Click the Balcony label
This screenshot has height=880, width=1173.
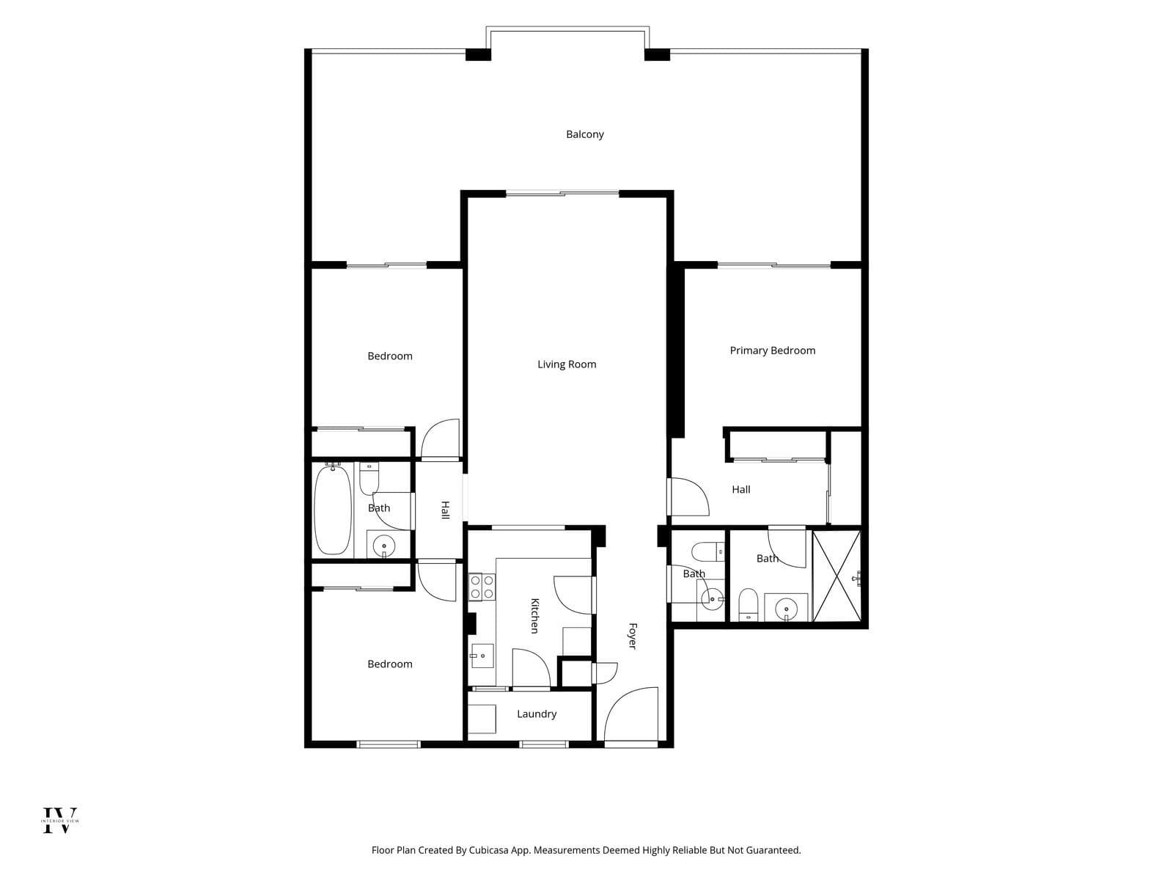tap(584, 134)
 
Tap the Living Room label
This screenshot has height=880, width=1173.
tap(567, 364)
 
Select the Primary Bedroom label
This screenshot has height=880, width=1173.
tap(772, 351)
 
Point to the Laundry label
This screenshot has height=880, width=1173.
tap(537, 714)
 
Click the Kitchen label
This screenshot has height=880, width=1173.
tap(534, 615)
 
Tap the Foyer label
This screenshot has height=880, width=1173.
tap(632, 637)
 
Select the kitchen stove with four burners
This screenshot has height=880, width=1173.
tap(482, 587)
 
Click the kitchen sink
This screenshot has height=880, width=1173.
tap(482, 656)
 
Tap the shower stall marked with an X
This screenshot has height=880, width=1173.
tap(836, 576)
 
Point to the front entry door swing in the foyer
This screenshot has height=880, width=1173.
tap(630, 714)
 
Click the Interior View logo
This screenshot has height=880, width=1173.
tap(60, 820)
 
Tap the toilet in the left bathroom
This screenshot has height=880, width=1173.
tap(369, 479)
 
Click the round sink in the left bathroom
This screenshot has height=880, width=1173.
tap(383, 546)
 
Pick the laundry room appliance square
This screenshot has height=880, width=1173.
tap(482, 719)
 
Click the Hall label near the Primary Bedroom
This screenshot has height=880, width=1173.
tap(740, 489)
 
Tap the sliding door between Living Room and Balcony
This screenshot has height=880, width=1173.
tap(562, 194)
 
